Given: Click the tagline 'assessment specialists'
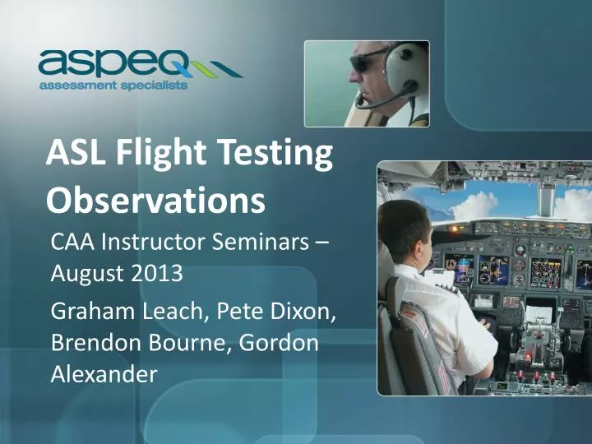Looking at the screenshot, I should coord(113,85).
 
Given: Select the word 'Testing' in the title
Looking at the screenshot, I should coord(274,155).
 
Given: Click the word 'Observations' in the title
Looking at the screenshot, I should coord(155,200).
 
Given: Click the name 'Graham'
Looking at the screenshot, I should coord(90,312).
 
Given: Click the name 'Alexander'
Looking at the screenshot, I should coord(104,374).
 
